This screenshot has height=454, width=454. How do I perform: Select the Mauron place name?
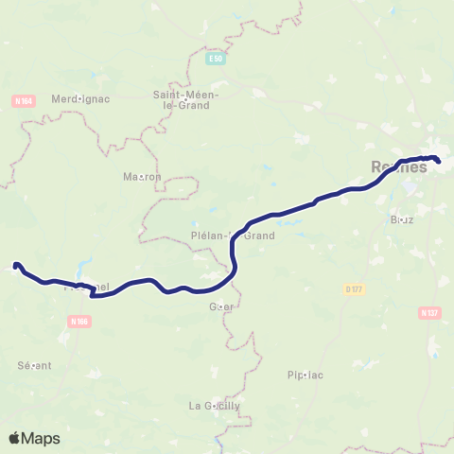click(143, 176)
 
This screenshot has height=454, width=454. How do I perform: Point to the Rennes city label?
click(398, 167)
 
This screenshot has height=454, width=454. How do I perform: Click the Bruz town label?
click(402, 219)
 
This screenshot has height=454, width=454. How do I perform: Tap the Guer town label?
click(221, 306)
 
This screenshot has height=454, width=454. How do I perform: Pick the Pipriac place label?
click(305, 375)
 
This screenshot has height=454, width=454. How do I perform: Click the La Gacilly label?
click(215, 406)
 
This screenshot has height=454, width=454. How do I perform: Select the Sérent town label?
click(34, 365)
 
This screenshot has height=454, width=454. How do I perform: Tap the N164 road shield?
click(24, 100)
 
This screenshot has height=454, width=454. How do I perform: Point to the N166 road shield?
click(79, 322)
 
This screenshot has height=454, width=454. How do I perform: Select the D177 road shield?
click(354, 288)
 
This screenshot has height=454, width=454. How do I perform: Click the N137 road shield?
click(428, 311)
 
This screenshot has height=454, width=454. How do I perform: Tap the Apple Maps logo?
click(34, 438)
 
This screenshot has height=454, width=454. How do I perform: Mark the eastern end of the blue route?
click(438, 160)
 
